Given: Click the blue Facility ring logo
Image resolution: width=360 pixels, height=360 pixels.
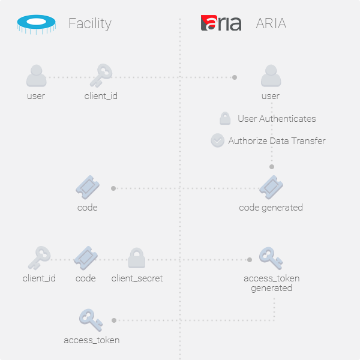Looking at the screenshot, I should coord(36,23).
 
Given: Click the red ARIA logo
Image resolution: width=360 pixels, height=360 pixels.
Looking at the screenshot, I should coord(221,23).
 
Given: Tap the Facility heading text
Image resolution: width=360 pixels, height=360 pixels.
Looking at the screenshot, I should coord(89,23).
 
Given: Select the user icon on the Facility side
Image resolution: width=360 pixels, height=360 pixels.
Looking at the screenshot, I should coord(36,76).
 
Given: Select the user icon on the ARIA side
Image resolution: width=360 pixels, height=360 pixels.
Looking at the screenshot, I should coord(271,76).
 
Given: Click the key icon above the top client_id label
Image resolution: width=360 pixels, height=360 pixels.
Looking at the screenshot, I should coord(100,76).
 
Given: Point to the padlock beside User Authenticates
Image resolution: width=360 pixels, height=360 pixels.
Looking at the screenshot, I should coord(225,118).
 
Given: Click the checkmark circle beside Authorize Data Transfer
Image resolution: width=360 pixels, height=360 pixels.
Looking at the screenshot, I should coord(217,140).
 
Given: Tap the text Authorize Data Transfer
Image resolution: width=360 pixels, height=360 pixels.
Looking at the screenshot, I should coord(277,141).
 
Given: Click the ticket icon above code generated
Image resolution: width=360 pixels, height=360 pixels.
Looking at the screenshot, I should coord(271,187).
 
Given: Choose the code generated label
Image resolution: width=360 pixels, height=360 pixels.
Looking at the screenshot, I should coord(271,208).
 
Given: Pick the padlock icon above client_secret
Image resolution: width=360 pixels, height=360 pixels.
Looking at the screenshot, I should coord(137,259).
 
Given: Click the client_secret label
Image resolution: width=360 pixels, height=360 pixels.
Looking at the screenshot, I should coord(137,278).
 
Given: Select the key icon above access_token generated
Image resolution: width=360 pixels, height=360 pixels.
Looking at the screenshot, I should coord(271,259).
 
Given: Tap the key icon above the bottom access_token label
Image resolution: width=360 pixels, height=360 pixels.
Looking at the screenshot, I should coord(91,320).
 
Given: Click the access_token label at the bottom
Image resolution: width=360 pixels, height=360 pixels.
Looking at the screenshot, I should coord(91,340).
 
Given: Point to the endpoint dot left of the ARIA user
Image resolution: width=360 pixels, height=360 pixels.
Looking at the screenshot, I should coord(235,77).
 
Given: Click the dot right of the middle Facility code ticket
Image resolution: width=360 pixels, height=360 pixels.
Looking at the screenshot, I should coord(113,188).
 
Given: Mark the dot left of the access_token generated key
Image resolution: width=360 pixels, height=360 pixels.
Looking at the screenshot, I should coord(250,260).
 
